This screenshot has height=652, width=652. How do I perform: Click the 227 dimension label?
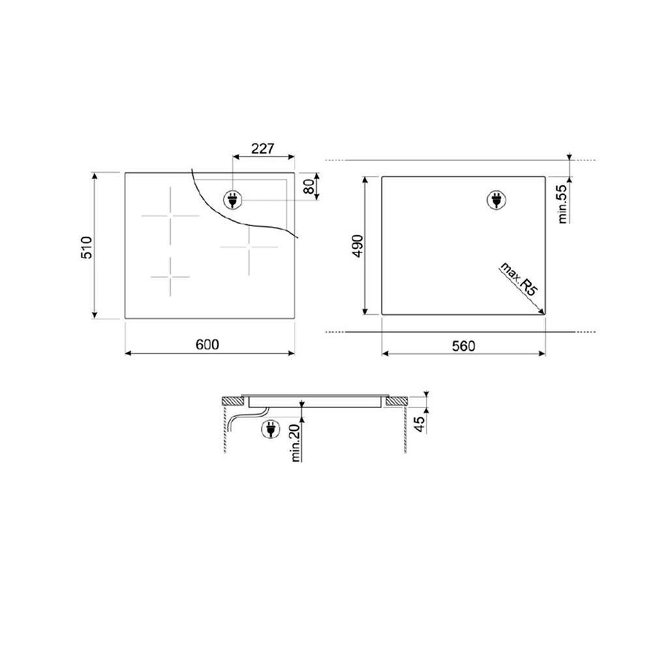pos(263,149)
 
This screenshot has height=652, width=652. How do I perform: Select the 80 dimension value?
pos(309,187)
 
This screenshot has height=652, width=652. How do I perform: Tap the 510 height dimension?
pos(87,246)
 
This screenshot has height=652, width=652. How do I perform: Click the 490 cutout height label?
pos(357,246)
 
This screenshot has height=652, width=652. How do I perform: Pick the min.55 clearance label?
pos(564,203)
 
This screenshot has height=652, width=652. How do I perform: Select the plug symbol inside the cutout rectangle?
pos(496,200)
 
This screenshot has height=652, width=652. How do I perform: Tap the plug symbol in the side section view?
pos(269,429)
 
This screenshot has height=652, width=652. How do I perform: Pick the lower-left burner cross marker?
pos(170,276)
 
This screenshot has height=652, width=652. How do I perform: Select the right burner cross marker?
pos(248,246)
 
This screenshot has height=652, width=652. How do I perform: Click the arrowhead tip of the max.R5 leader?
pos(544,314)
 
